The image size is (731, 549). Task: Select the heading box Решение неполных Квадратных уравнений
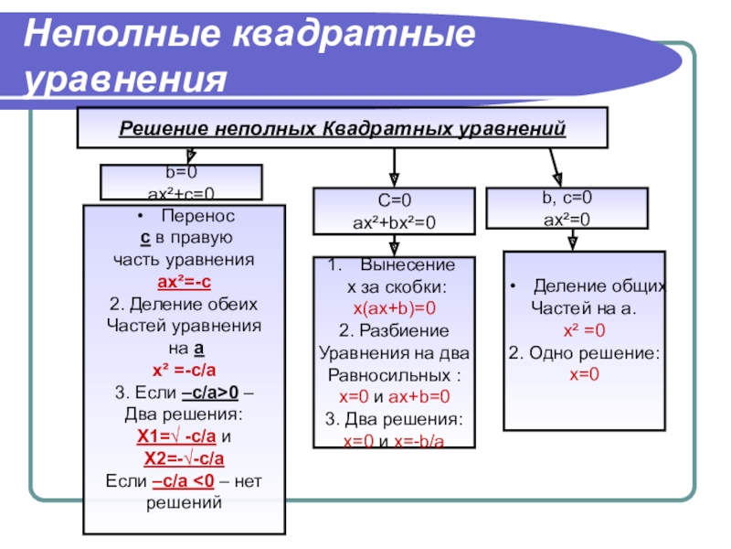point(343,127)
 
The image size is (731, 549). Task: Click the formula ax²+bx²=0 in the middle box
point(395,221)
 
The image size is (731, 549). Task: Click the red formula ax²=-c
point(185,281)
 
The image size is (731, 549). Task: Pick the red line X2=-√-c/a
point(185,458)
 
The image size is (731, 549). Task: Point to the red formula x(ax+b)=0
point(395,308)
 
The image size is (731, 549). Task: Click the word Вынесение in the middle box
point(408,265)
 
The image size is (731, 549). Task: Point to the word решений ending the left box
point(185,502)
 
